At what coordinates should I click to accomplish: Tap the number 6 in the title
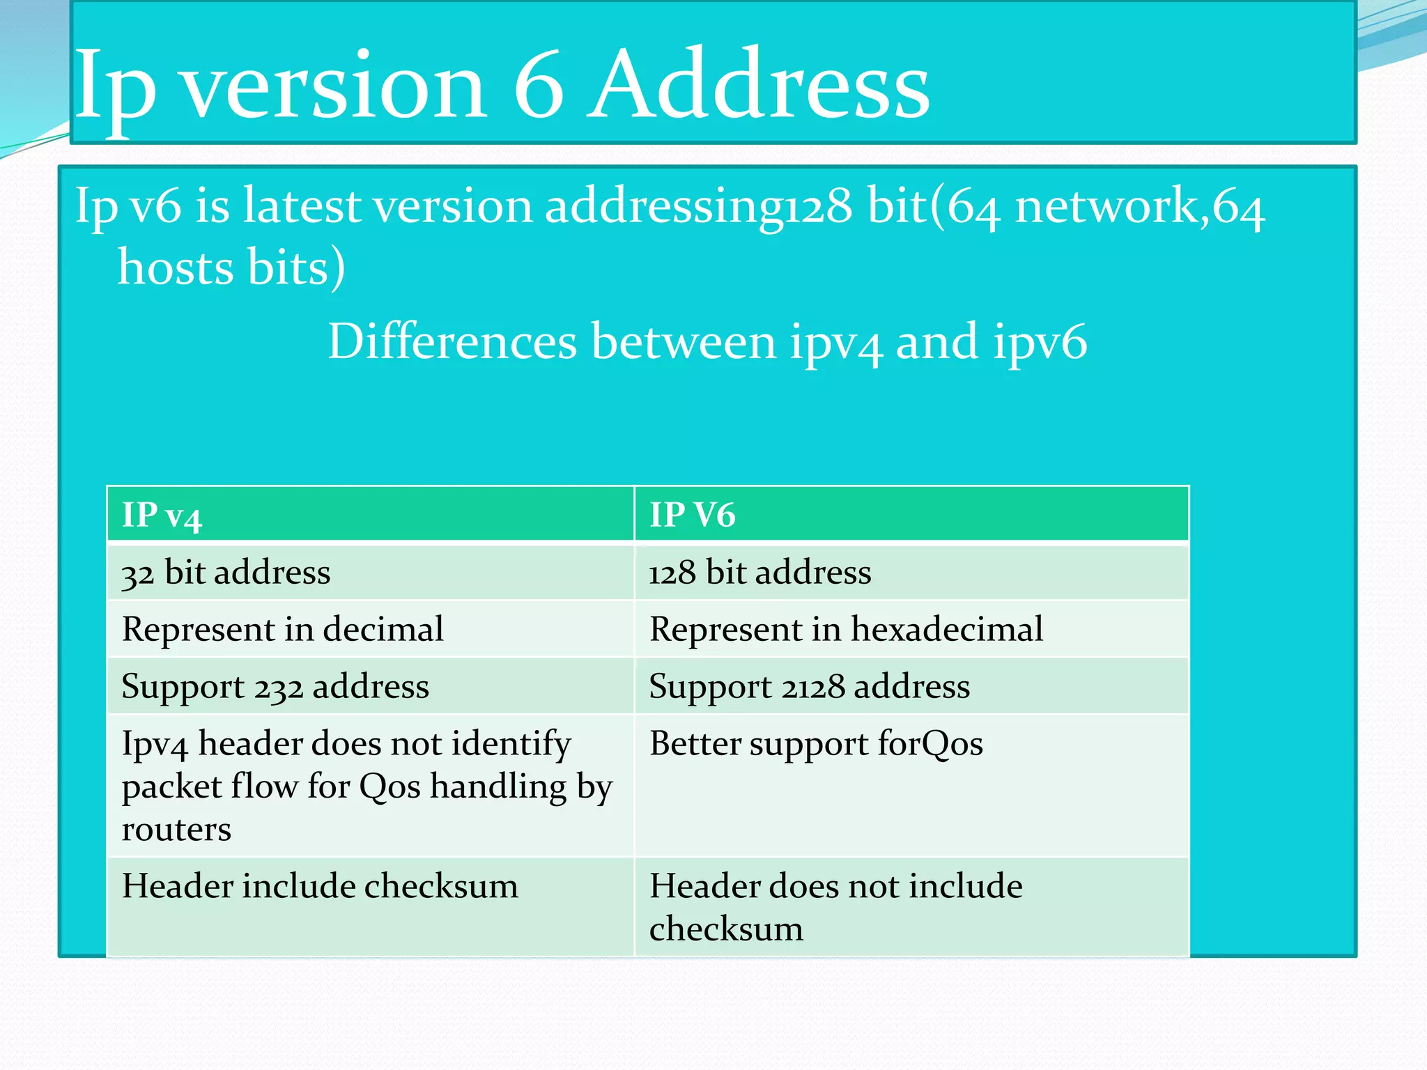click(538, 85)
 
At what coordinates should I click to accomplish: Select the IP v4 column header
click(162, 515)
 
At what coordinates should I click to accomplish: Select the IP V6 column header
click(692, 515)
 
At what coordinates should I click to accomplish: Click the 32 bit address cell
click(226, 573)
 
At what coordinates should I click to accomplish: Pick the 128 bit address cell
click(759, 573)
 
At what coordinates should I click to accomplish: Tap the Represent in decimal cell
click(282, 629)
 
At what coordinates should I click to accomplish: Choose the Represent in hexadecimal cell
click(846, 629)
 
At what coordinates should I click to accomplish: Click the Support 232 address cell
click(275, 687)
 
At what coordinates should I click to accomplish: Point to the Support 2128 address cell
click(809, 687)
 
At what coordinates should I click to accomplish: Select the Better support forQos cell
click(816, 743)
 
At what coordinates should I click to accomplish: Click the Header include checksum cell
click(320, 886)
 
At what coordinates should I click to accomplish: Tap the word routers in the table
click(176, 830)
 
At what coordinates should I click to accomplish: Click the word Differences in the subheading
click(452, 341)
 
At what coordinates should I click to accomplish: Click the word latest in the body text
click(302, 206)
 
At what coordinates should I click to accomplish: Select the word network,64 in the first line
click(1139, 208)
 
